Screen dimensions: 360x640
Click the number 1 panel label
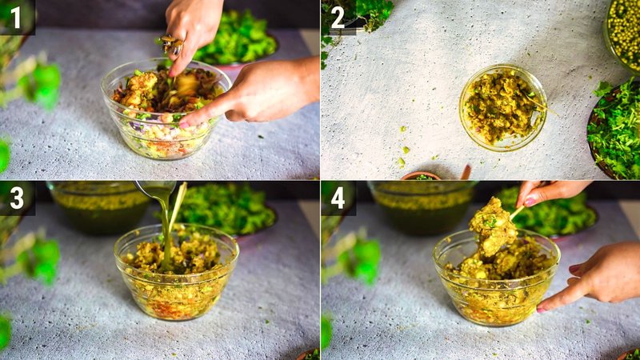15,17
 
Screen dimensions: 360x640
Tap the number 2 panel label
338,17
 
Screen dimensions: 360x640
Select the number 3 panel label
16,198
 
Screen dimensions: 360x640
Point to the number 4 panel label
338,198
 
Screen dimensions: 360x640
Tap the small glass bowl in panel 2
502,107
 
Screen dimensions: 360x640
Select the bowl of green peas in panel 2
623,32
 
